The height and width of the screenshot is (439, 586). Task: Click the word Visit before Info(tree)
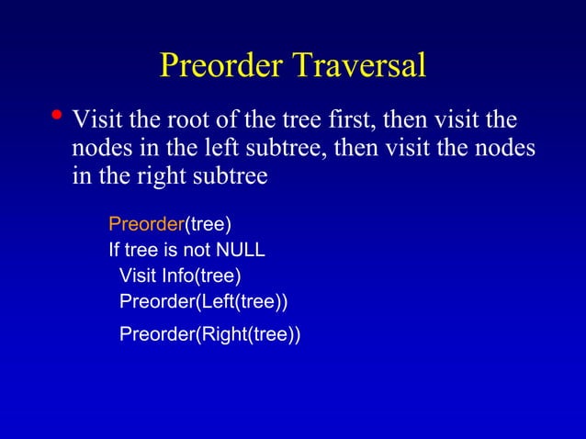pos(139,276)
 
